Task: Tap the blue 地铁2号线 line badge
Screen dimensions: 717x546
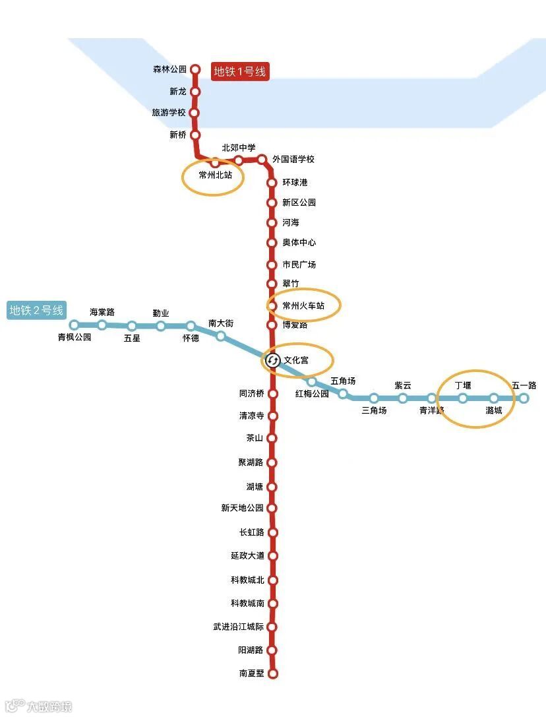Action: point(37,310)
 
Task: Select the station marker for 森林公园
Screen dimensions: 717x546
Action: point(195,69)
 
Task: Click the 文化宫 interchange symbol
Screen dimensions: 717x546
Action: point(272,360)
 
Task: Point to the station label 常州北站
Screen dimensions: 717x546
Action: point(216,175)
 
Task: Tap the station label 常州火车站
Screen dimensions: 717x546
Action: point(303,306)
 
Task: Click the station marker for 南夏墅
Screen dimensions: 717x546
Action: point(273,673)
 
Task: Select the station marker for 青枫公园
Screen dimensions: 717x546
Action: point(75,325)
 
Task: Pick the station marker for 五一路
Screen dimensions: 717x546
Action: point(524,398)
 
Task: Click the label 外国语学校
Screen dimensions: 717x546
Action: point(293,160)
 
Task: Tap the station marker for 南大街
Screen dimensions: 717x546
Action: point(221,336)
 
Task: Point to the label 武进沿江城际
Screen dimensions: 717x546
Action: point(238,627)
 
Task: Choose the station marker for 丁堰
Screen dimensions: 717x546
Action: point(463,398)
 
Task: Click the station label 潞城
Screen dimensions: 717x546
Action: point(493,410)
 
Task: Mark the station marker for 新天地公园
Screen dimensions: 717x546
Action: point(272,508)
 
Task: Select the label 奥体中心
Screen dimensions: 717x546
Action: point(299,243)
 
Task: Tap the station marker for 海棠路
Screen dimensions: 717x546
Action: point(102,325)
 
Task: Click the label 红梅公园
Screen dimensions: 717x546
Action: point(312,394)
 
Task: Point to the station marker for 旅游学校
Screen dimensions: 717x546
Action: point(195,113)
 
